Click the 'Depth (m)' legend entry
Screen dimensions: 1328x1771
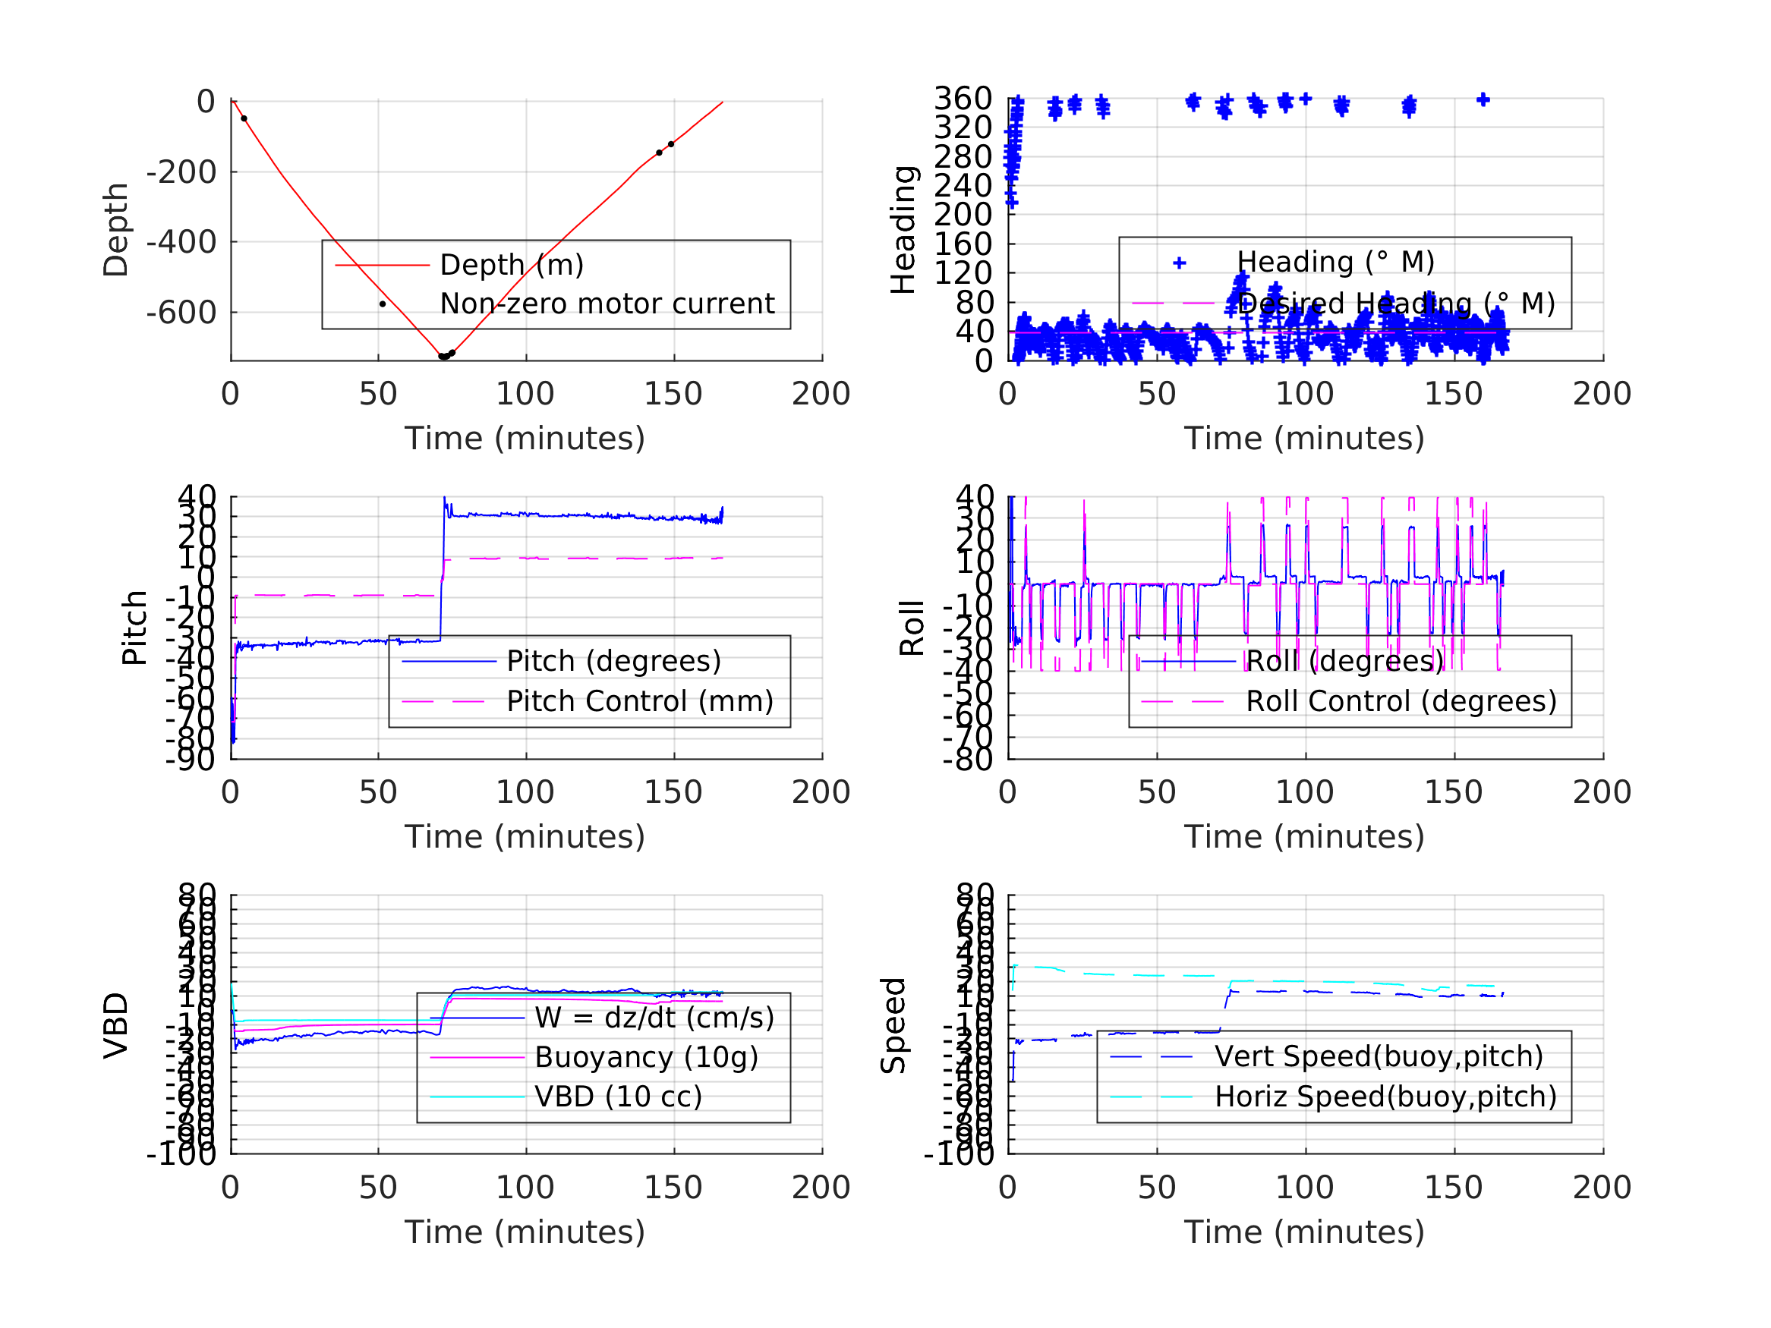(512, 265)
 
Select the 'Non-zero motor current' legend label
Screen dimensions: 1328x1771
(607, 304)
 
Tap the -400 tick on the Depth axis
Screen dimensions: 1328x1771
(181, 242)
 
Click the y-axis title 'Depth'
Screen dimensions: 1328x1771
(116, 230)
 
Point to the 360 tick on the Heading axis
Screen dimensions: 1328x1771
(963, 99)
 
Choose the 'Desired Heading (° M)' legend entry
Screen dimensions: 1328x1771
(1395, 304)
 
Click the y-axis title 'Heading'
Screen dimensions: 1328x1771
(903, 230)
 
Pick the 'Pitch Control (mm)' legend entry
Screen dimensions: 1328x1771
(640, 701)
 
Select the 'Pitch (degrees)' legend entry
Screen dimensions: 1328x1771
(613, 661)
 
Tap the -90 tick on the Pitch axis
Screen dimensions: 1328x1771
(190, 759)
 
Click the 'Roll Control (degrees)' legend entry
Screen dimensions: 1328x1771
(1401, 701)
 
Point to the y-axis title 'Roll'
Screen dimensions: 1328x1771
(912, 628)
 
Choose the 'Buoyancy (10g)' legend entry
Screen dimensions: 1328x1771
(646, 1057)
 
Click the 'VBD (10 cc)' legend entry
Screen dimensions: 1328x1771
(618, 1097)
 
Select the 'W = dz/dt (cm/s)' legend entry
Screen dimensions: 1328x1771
(654, 1018)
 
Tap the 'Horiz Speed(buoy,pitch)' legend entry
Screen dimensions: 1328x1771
(1385, 1097)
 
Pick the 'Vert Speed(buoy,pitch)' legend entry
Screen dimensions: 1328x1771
(1379, 1056)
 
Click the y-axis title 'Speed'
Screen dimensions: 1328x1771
(893, 1024)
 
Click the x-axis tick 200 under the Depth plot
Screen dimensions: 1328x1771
(821, 394)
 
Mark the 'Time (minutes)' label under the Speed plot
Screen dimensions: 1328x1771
(1304, 1232)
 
